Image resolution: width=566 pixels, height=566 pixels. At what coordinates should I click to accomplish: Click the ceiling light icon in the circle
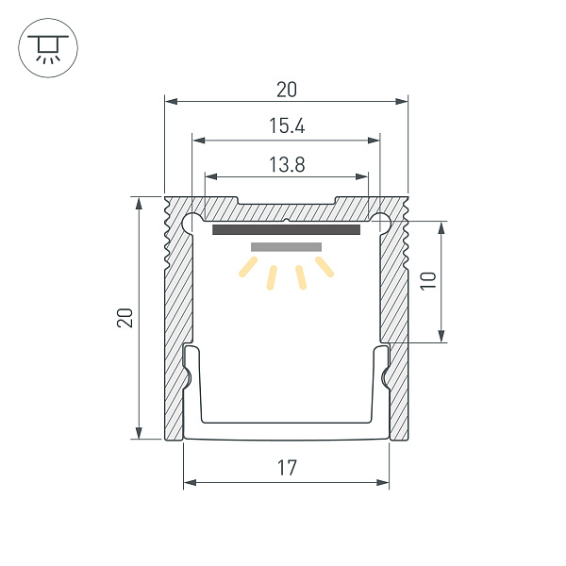44,48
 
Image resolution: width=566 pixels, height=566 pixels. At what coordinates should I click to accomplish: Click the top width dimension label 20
287,90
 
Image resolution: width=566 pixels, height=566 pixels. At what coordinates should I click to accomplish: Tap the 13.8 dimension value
287,164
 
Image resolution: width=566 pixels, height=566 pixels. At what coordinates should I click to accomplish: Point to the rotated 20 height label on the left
125,318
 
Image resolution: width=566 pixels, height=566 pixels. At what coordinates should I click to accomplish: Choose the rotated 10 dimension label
426,281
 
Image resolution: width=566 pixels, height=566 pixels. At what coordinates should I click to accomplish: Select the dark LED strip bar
287,229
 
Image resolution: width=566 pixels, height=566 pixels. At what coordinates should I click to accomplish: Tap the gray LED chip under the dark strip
287,247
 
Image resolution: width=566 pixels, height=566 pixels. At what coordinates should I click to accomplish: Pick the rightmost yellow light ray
325,268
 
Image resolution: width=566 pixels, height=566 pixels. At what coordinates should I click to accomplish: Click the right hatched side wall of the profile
396,283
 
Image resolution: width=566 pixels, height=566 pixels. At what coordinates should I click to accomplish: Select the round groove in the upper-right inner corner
382,224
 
